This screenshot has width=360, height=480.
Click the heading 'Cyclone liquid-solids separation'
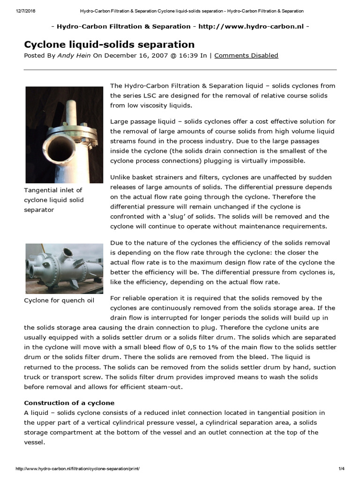[x=109, y=45]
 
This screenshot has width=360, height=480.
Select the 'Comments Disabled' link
[x=246, y=55]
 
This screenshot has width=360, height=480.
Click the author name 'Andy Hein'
[x=74, y=55]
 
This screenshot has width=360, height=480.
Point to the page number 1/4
[x=341, y=469]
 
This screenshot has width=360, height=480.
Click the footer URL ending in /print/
[x=78, y=469]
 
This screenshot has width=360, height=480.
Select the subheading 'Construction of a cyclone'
[x=69, y=403]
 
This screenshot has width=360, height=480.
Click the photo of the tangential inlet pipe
[x=64, y=135]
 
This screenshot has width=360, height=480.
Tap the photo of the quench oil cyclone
[x=64, y=268]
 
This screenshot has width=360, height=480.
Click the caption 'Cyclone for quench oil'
[x=59, y=300]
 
